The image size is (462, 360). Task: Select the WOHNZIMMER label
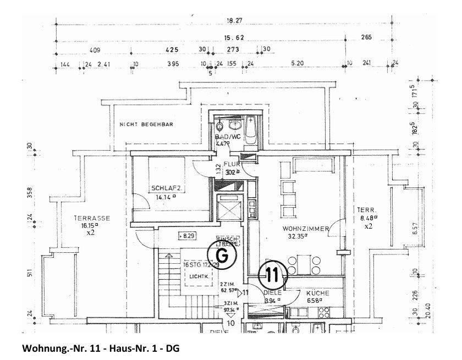click(306, 229)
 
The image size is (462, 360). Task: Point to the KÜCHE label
click(318, 293)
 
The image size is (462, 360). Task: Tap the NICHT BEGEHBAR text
click(146, 125)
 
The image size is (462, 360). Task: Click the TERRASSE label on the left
click(92, 218)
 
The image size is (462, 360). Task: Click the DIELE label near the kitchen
click(273, 293)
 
